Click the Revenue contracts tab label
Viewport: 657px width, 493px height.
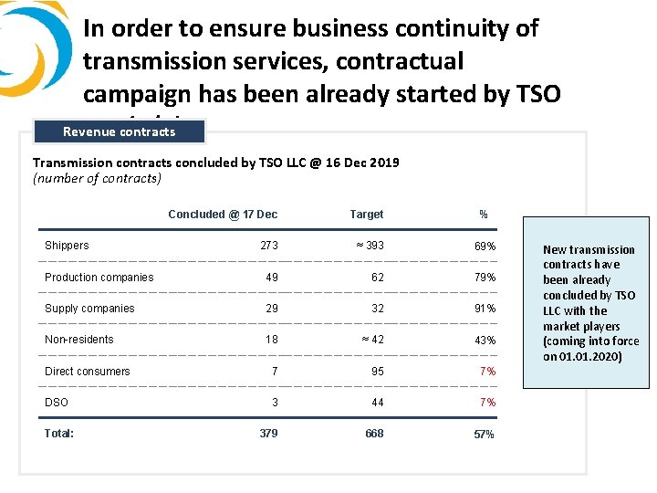(x=119, y=131)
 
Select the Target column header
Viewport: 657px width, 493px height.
(x=367, y=215)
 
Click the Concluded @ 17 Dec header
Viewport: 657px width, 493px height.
(x=223, y=215)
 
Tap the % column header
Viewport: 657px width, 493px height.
(x=484, y=215)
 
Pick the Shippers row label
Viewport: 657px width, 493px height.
(x=67, y=246)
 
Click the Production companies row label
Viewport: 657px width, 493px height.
(x=99, y=278)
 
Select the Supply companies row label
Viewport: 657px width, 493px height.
(x=89, y=309)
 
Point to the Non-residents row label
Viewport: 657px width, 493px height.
(x=79, y=340)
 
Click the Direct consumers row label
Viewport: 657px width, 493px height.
(x=88, y=372)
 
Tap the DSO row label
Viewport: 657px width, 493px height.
(x=57, y=403)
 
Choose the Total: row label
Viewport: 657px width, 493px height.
(x=59, y=434)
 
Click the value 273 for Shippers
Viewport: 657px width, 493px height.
(x=269, y=246)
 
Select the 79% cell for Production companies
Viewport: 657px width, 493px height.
(x=485, y=278)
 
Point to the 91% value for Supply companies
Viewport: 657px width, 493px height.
(x=485, y=309)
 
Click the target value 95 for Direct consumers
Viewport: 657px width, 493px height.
(x=378, y=372)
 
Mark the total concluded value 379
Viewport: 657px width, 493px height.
(x=268, y=434)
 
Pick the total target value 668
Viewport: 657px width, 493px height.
(x=374, y=434)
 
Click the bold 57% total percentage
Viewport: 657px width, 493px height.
(x=484, y=435)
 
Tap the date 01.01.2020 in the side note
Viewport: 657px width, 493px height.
(x=589, y=357)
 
